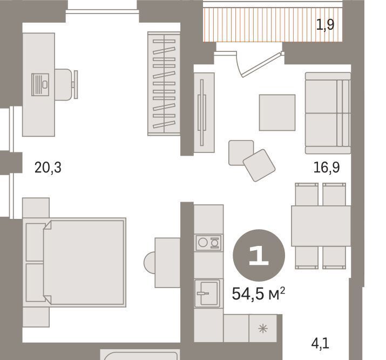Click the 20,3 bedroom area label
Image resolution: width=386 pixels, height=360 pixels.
[x=48, y=168]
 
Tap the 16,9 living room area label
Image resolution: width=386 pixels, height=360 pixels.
[x=327, y=168]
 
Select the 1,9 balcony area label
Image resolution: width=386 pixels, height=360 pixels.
[x=325, y=25]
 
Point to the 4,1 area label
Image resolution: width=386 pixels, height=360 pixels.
[x=320, y=343]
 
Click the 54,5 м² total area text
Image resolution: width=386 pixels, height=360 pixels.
[x=259, y=294]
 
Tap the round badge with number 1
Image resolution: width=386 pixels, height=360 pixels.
[x=259, y=255]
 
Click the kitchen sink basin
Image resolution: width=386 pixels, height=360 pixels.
[x=207, y=294]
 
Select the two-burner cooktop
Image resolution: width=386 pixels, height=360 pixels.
[x=208, y=243]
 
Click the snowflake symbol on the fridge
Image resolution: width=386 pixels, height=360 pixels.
[x=263, y=329]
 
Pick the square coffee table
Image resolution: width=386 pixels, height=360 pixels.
[x=277, y=112]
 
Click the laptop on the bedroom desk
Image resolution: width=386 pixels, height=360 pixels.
[x=40, y=84]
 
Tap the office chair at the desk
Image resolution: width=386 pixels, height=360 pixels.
[x=66, y=84]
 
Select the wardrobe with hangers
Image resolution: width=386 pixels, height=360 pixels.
[x=164, y=84]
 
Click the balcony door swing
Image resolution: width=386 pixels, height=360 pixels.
[x=261, y=64]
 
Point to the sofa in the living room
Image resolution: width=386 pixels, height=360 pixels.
[x=328, y=113]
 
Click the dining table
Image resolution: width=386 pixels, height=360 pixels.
[x=321, y=226]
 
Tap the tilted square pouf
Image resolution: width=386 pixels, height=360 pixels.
[x=259, y=165]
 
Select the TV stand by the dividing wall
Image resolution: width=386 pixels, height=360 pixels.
[x=204, y=112]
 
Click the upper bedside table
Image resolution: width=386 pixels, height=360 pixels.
[x=36, y=208]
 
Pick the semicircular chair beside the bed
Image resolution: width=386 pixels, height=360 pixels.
[x=150, y=263]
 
